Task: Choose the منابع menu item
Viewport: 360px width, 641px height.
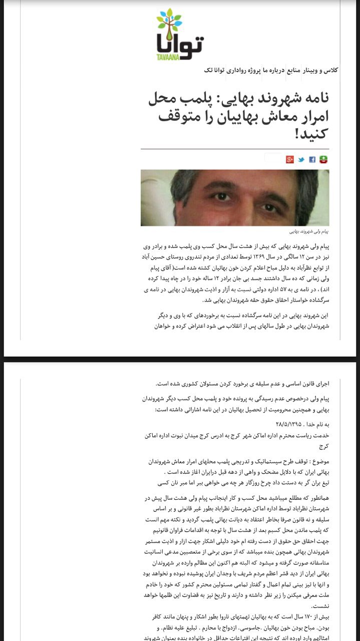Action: (x=293, y=70)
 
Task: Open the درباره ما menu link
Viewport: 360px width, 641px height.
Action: (x=274, y=70)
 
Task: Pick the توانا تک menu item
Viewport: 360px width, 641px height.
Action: (x=215, y=70)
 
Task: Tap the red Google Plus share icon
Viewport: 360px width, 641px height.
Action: (x=289, y=160)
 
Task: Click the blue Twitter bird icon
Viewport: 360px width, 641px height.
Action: (x=301, y=160)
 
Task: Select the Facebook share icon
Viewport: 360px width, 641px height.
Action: (x=312, y=160)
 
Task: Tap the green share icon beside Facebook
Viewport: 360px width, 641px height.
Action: (x=323, y=160)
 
